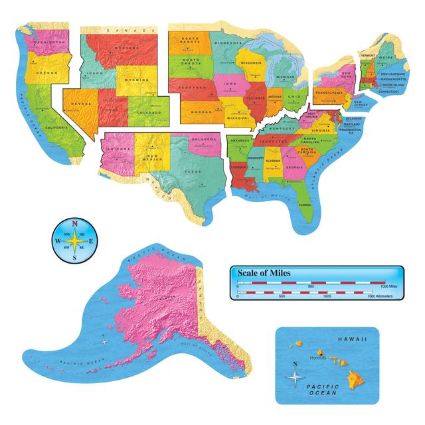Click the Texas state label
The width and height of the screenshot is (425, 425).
(191, 172)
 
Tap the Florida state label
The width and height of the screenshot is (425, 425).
(305, 204)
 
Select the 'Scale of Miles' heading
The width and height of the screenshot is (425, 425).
(262, 272)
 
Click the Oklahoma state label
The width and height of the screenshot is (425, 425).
(204, 140)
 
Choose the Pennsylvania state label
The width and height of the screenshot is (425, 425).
(329, 93)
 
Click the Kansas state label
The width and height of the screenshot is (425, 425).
(201, 112)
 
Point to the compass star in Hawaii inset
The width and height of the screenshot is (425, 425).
(294, 376)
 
